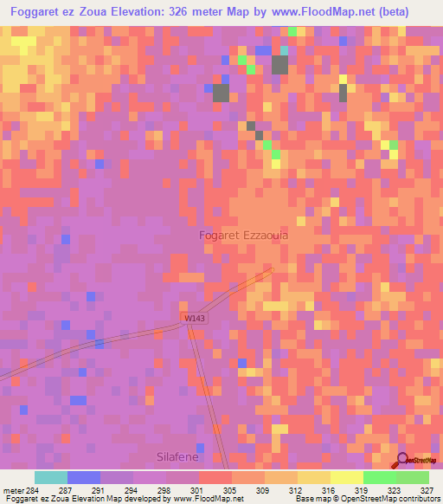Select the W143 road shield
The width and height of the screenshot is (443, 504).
[195, 319]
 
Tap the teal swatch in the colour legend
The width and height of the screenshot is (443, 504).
[51, 477]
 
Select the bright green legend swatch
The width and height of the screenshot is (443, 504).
[379, 477]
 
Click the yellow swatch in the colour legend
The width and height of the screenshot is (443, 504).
[346, 477]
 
